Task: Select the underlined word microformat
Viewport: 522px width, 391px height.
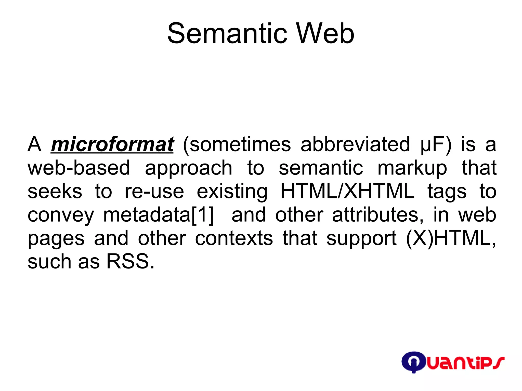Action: point(112,145)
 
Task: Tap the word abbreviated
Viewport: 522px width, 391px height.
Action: point(355,145)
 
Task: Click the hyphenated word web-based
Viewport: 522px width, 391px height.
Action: point(79,168)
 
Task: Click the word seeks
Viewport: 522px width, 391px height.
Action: point(55,192)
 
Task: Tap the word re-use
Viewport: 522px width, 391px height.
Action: point(154,192)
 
